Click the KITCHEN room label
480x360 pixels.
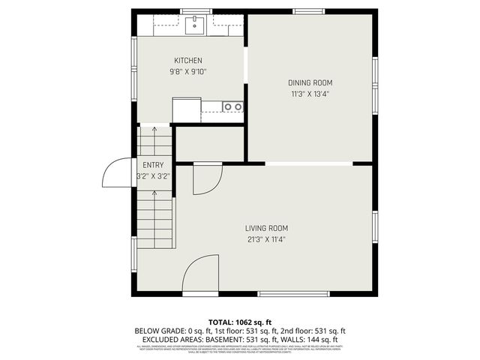tap(188, 61)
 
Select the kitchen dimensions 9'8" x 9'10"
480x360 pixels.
tap(188, 72)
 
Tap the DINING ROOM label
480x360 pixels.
tap(310, 82)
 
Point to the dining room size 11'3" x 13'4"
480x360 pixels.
tap(310, 94)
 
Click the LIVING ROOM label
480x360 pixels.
tap(266, 228)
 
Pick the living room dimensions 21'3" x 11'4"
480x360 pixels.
tap(266, 240)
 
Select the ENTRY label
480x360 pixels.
tap(153, 165)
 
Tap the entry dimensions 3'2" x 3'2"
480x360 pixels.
tap(153, 177)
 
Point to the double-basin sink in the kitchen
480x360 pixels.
tap(232, 106)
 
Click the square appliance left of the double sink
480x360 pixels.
tap(186, 109)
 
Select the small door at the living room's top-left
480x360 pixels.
tap(206, 178)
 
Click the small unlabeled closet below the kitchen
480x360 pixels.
tap(209, 143)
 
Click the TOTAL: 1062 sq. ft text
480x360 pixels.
tap(239, 321)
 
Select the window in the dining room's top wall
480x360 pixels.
tap(308, 11)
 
